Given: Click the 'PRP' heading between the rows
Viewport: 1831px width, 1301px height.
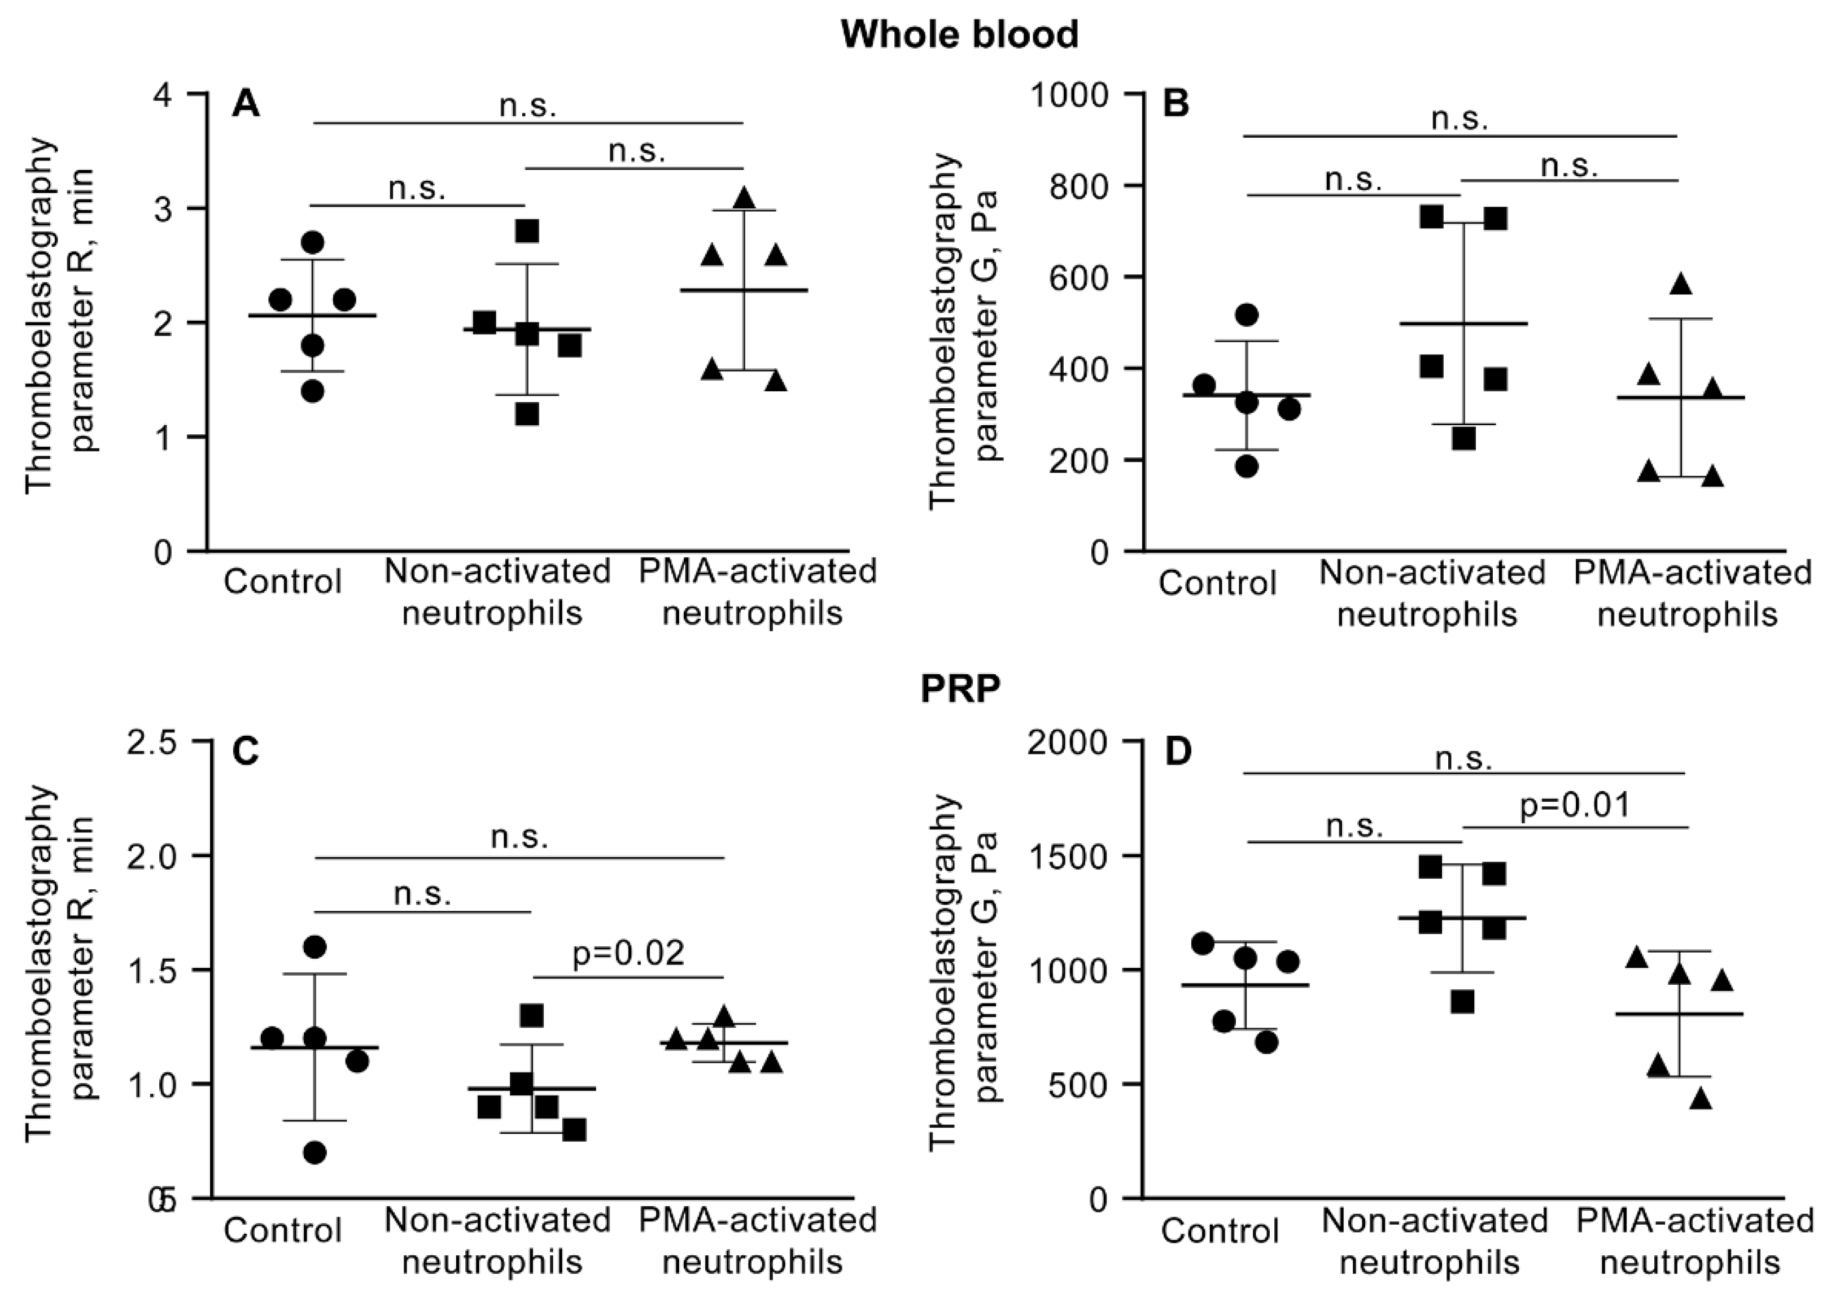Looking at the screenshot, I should [960, 690].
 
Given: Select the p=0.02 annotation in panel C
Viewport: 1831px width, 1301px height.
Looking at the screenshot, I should [629, 953].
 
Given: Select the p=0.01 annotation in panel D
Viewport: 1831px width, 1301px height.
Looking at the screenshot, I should [1575, 804].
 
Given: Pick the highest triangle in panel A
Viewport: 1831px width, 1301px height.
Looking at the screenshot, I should [744, 197].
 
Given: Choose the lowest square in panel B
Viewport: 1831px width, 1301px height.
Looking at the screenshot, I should [1463, 439].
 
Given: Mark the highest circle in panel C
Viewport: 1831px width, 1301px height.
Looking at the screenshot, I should [315, 947].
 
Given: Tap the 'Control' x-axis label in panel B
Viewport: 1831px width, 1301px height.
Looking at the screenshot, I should [1217, 582].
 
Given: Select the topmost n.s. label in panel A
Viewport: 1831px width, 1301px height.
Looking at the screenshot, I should [527, 105].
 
